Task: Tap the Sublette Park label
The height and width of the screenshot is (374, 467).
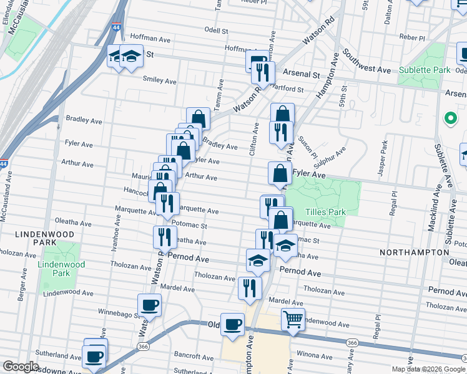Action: pyautogui.click(x=424, y=70)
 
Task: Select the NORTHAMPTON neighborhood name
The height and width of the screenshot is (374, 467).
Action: pyautogui.click(x=414, y=252)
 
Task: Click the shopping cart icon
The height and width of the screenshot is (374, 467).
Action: pyautogui.click(x=293, y=319)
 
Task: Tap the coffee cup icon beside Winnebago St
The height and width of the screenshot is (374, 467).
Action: pyautogui.click(x=149, y=305)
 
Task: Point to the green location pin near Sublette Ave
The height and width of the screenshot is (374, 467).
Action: pyautogui.click(x=449, y=118)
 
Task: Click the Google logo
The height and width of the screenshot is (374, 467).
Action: pyautogui.click(x=21, y=366)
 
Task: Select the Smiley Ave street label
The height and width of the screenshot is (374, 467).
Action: pyautogui.click(x=160, y=81)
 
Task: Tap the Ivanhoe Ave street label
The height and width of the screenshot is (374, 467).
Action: pyautogui.click(x=116, y=220)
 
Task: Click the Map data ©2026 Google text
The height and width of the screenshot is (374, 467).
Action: pyautogui.click(x=428, y=369)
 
